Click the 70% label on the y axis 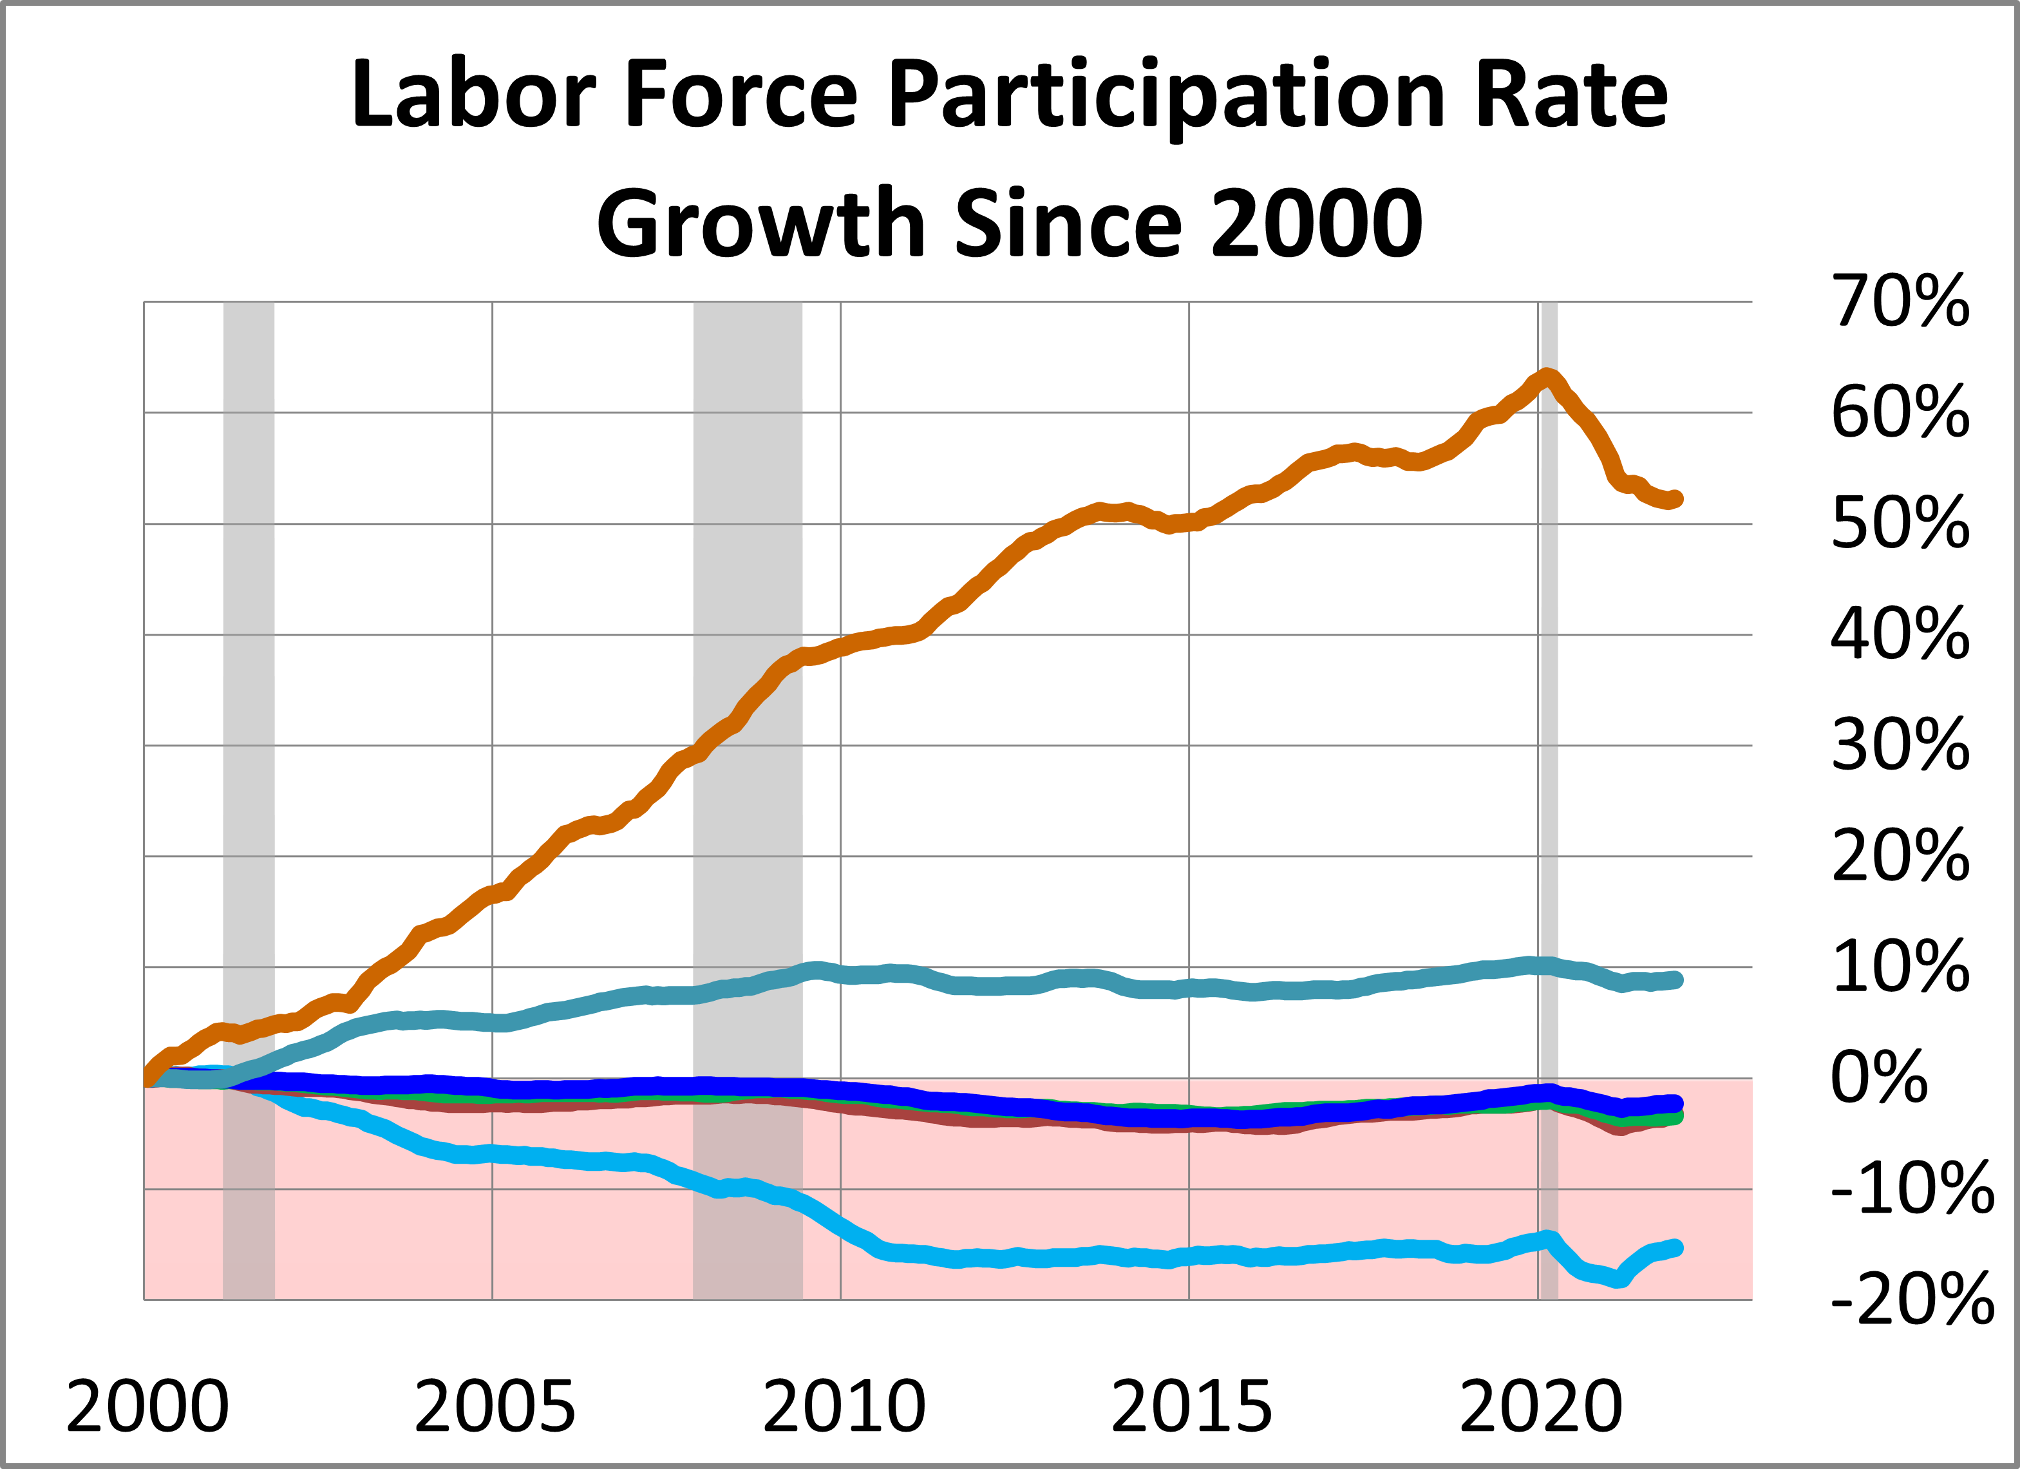click(x=1900, y=302)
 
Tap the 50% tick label click(x=1900, y=524)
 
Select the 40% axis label click(x=1900, y=634)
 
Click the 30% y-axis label click(x=1900, y=746)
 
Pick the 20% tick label click(x=1900, y=856)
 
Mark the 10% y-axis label click(x=1900, y=967)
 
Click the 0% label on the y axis click(x=1879, y=1078)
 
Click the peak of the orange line click(x=1548, y=374)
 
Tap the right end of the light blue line click(x=1676, y=1248)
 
